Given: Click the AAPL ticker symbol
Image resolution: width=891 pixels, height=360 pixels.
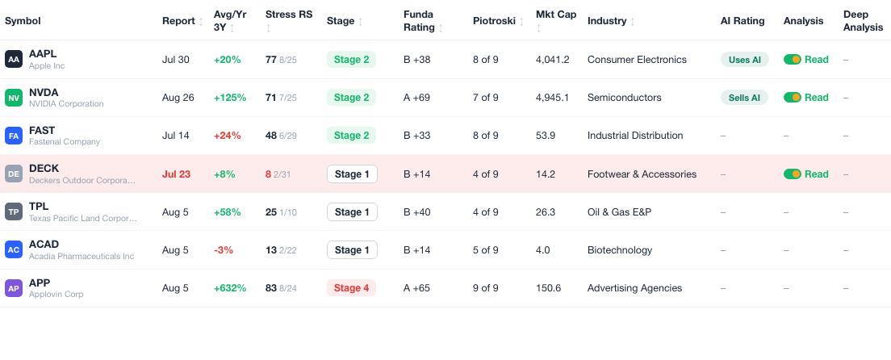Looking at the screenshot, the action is point(43,54).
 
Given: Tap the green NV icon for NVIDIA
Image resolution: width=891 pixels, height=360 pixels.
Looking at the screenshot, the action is point(14,98).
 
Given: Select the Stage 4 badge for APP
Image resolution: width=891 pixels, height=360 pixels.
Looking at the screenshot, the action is point(351,288).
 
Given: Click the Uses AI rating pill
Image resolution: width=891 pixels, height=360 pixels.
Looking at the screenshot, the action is point(744,60).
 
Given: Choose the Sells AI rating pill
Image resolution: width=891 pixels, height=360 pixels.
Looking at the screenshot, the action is point(744,98).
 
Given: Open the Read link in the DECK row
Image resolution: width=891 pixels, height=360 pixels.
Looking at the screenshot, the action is point(816,174).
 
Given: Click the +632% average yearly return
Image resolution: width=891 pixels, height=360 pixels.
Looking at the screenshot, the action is point(229,288).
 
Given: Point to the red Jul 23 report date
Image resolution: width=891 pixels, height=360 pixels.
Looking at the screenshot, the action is point(176,174).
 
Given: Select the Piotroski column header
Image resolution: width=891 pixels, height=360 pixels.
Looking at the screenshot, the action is point(494,21).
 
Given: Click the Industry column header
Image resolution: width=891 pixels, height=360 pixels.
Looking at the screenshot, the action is point(607,21).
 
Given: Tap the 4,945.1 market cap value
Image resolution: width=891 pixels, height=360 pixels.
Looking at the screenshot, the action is point(552,98).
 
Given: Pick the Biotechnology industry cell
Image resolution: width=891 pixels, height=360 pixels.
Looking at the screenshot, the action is point(620,250).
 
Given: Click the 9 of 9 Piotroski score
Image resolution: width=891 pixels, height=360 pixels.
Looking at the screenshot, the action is point(485,288).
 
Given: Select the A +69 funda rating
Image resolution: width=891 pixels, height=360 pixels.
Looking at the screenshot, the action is point(416,98).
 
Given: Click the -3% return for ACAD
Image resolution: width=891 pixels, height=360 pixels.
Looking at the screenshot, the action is point(224,250).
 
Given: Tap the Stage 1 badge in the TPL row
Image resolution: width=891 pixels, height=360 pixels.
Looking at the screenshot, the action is point(352,212).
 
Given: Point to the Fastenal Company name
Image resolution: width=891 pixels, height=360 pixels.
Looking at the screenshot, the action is point(65,141).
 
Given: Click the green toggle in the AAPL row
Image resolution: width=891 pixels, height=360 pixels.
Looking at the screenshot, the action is point(792,60).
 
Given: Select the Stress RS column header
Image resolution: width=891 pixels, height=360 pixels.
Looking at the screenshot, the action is point(289,15).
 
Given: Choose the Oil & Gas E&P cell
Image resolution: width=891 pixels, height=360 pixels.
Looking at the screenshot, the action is point(619,212).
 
